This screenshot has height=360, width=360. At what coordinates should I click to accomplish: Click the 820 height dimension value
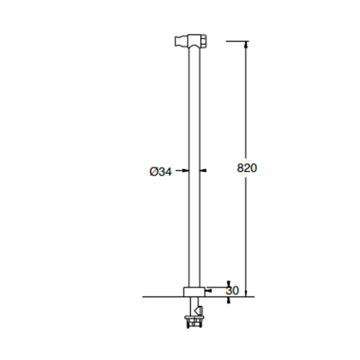click(x=247, y=168)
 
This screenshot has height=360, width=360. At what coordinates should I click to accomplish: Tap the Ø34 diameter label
click(x=160, y=172)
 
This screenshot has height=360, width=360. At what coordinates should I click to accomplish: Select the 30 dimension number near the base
click(x=232, y=291)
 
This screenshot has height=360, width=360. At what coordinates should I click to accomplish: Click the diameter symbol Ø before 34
click(x=153, y=172)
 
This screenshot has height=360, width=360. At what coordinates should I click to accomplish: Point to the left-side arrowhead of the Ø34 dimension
click(x=186, y=170)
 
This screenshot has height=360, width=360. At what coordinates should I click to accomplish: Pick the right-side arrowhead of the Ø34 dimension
click(x=203, y=170)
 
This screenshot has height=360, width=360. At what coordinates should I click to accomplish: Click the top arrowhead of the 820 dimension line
click(x=246, y=44)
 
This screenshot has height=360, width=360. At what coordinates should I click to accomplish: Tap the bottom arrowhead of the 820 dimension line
click(x=246, y=294)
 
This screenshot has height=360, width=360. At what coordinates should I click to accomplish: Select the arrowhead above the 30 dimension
click(x=228, y=284)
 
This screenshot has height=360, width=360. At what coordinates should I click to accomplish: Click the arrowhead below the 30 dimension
click(x=228, y=300)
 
